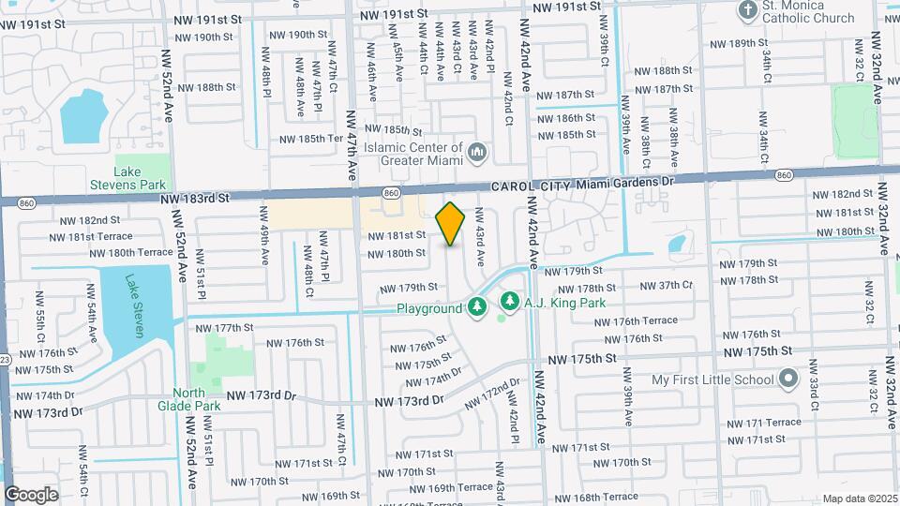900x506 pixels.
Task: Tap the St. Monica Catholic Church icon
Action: tap(747, 11)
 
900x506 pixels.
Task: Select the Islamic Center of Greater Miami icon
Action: tap(477, 152)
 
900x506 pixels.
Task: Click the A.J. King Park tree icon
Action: tap(510, 302)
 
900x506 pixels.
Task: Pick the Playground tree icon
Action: tap(477, 307)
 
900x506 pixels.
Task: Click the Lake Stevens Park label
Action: tap(140, 178)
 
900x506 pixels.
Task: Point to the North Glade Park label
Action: tap(196, 399)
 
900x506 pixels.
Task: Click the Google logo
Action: tap(31, 494)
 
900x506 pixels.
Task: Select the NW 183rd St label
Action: tap(195, 199)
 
